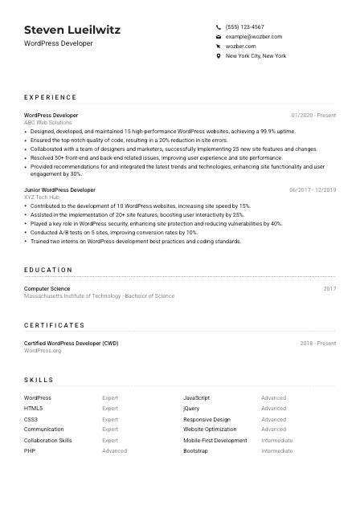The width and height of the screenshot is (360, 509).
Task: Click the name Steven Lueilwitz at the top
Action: point(72,31)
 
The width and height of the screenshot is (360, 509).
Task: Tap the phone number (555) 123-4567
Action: point(244,26)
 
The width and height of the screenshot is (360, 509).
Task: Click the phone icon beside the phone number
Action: point(219,26)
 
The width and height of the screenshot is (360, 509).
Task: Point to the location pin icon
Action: point(219,56)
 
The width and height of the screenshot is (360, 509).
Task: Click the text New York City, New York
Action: point(256,56)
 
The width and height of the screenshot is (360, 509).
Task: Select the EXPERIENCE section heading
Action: point(51,96)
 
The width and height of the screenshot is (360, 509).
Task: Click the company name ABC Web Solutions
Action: point(47,123)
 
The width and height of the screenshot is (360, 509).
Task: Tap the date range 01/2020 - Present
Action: point(313,116)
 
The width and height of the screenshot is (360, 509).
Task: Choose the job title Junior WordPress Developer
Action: point(59,190)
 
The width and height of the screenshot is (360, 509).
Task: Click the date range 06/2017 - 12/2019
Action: point(313,190)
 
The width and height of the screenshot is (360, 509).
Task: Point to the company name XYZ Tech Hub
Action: point(42,197)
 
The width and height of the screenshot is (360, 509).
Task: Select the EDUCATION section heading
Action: point(48,270)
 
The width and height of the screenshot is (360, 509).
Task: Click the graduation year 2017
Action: point(329,288)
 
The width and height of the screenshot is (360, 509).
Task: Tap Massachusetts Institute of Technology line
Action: point(99,295)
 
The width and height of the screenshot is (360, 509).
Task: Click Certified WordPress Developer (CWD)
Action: point(71,344)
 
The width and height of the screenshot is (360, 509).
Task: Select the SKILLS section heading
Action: point(39,380)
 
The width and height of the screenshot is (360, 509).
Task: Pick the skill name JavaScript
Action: point(196,397)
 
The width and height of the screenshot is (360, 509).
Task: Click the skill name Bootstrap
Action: point(195,451)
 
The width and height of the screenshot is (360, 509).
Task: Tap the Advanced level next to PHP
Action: point(114,451)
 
